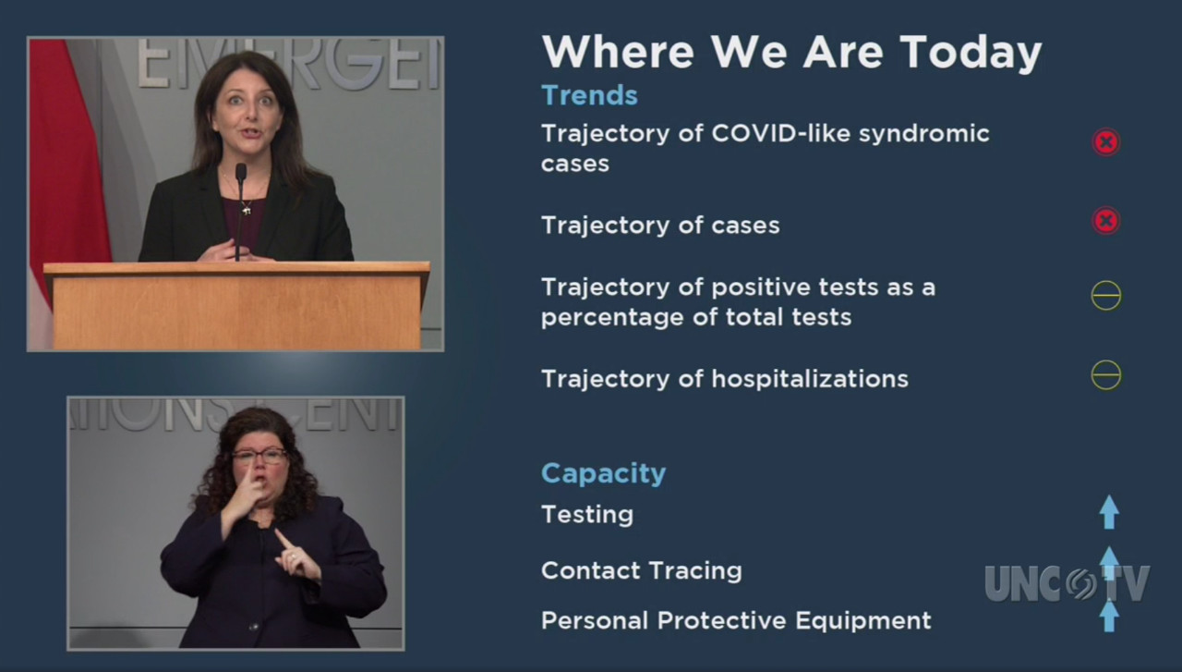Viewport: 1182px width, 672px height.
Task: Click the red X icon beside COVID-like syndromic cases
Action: tap(1106, 142)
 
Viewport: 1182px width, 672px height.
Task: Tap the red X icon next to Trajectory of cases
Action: tap(1106, 221)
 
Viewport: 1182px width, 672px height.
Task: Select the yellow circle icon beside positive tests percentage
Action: tap(1106, 295)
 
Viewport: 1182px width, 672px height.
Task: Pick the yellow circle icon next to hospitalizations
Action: tap(1106, 375)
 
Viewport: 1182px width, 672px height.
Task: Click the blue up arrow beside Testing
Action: tap(1109, 511)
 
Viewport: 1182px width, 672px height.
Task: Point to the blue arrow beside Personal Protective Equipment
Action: tap(1109, 615)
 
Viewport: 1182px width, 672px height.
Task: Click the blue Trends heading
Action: tap(589, 95)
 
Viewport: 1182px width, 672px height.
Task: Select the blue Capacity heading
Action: tap(603, 473)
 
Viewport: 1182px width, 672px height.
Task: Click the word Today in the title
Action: tap(971, 54)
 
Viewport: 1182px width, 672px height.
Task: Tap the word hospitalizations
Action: tap(810, 379)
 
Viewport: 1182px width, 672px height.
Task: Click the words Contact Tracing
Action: tap(642, 570)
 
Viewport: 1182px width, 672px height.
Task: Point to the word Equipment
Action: tap(863, 621)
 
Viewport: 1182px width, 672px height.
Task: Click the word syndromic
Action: tap(924, 134)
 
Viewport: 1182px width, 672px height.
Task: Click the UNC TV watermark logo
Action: tap(1067, 583)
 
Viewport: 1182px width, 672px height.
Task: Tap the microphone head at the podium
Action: tap(241, 172)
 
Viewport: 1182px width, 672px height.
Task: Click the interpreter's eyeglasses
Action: tap(259, 456)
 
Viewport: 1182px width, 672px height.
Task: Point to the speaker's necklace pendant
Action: tap(247, 211)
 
